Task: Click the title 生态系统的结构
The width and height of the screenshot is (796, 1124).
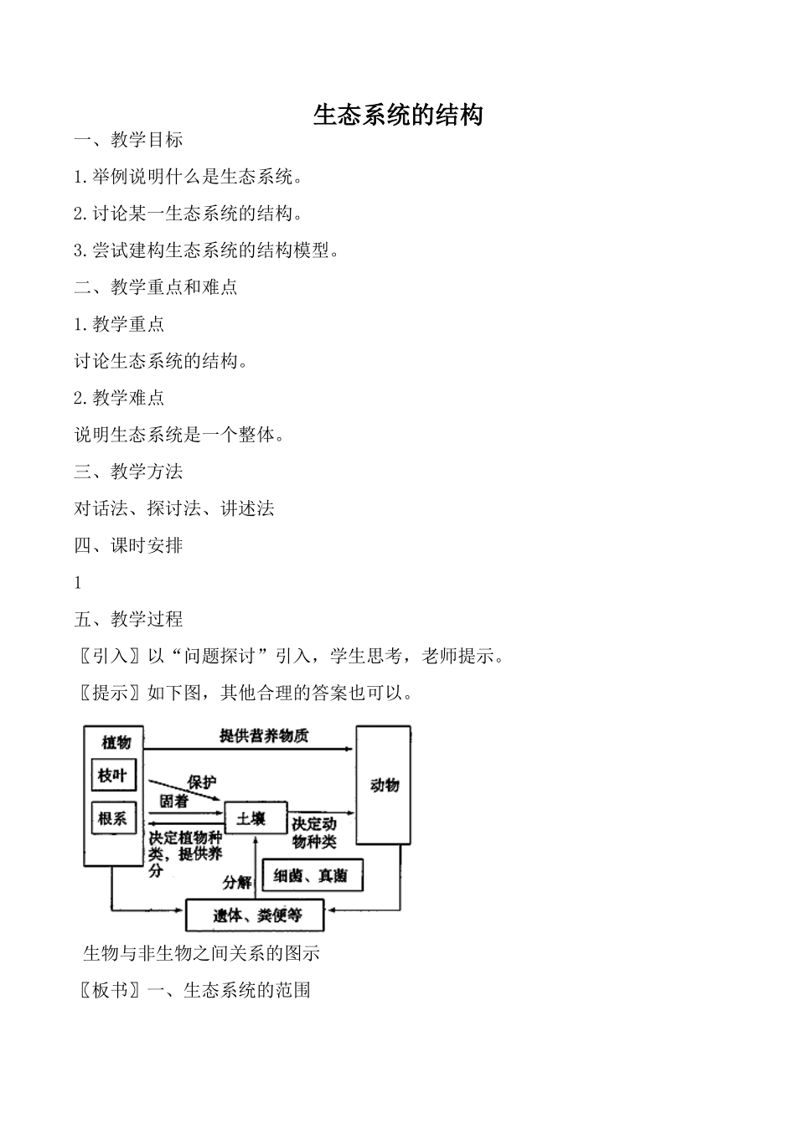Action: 398,115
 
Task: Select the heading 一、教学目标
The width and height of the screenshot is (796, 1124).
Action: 128,140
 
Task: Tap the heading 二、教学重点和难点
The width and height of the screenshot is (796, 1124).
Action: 156,287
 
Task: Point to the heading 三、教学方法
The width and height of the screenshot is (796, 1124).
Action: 128,472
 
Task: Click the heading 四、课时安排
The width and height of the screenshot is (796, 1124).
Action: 128,545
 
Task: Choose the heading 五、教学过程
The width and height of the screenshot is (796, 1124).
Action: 128,619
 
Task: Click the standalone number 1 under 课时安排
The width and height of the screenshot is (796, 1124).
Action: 78,583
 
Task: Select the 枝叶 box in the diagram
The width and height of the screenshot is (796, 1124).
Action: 112,776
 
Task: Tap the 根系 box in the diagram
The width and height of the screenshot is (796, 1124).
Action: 112,818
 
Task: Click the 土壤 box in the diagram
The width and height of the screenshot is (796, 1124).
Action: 251,818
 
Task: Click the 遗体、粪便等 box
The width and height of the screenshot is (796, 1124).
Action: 256,915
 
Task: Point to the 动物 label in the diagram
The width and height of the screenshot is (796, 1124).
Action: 385,785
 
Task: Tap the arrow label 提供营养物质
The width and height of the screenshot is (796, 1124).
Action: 264,735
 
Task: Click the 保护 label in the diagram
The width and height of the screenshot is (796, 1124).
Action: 201,781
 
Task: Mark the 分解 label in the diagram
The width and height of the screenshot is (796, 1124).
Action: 237,882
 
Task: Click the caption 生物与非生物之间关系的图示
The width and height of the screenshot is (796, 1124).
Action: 201,953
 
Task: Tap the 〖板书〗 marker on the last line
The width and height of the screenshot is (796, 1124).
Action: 109,990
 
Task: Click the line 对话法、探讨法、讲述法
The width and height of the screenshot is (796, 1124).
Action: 174,508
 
